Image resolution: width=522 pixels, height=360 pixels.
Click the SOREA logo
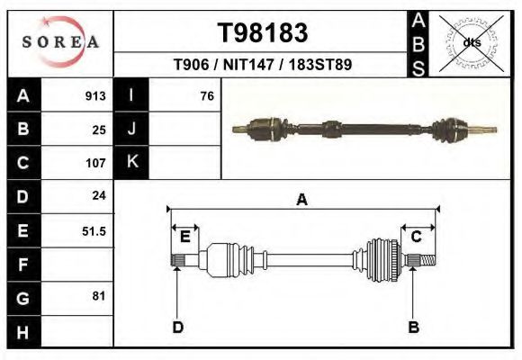point(60,42)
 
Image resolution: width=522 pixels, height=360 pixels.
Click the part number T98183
point(263,32)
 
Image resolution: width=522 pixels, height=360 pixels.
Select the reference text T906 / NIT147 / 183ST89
point(263,65)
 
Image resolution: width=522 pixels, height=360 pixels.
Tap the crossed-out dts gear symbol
point(470,42)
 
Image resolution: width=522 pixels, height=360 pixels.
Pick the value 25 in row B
point(98,129)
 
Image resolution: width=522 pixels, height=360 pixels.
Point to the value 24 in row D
point(98,196)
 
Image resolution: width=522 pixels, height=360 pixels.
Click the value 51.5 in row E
point(94,230)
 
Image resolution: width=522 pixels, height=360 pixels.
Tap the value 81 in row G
point(98,296)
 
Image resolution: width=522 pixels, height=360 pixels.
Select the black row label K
point(131,163)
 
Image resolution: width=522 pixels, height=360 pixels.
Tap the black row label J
point(131,129)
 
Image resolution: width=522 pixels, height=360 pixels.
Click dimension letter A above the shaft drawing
point(301,200)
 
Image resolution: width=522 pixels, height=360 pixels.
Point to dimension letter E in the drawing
point(184,237)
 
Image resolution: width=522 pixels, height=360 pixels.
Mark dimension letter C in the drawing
point(417,237)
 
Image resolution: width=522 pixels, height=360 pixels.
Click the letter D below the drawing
point(178,327)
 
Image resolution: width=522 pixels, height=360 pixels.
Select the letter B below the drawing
point(414,327)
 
